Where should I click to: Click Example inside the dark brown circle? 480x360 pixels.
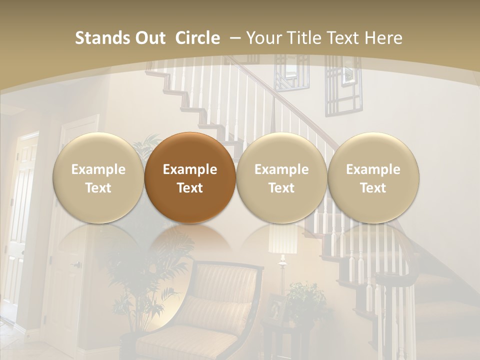pos(190,169)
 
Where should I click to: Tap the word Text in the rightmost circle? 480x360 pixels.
pos(373,188)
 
